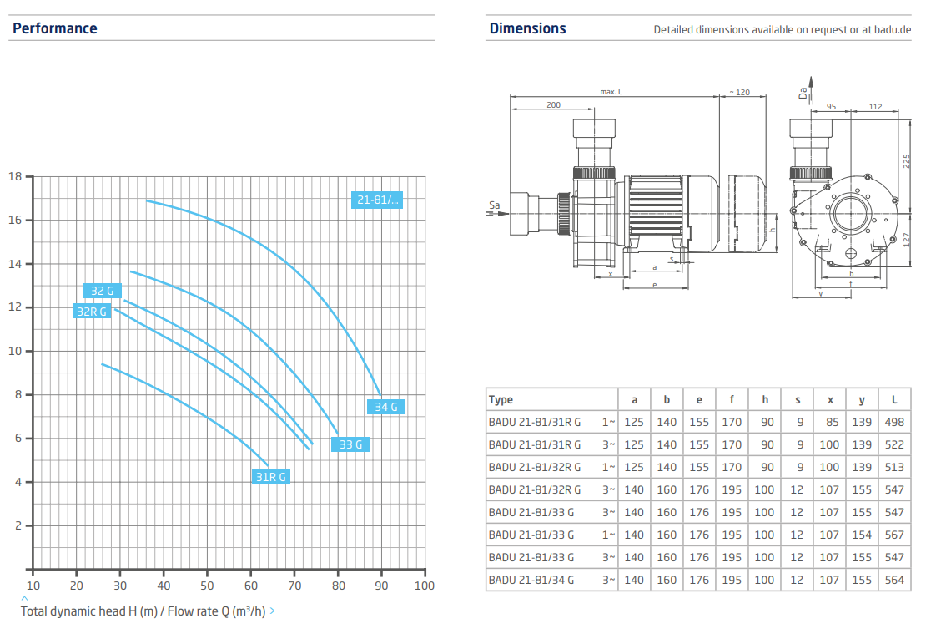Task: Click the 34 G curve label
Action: tap(386, 407)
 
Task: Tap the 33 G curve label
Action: tap(350, 444)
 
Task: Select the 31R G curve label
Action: tap(271, 477)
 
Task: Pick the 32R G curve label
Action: tap(92, 311)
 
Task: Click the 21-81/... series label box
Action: tap(377, 200)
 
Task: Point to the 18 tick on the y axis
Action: tap(15, 176)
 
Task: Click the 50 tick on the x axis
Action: tap(207, 586)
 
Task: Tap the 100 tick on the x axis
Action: tap(425, 586)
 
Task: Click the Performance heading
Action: tap(55, 28)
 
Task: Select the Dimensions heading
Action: tap(528, 28)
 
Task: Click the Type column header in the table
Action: tap(501, 399)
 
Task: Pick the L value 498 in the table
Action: tap(894, 422)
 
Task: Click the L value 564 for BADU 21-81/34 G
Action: tap(894, 580)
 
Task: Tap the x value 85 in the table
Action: tap(832, 422)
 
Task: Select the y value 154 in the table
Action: tap(862, 535)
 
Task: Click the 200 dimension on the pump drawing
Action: tap(553, 104)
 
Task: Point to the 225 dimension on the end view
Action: tap(907, 161)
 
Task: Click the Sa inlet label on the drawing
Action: tap(495, 205)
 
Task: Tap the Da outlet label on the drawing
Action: tap(803, 93)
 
